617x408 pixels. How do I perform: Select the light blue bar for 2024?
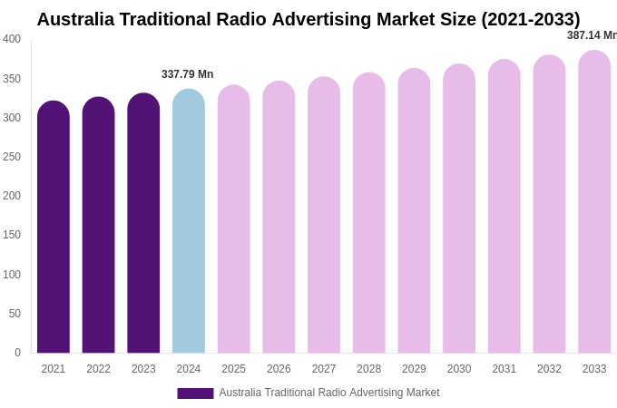click(189, 221)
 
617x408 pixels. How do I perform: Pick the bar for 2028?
click(368, 213)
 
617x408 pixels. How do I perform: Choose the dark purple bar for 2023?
click(143, 223)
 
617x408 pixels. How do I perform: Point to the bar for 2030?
click(459, 209)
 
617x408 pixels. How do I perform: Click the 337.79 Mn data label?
click(187, 74)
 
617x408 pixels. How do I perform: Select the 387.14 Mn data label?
click(592, 35)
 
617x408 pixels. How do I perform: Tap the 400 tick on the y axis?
click(12, 39)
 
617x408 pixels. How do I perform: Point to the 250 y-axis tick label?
click(12, 157)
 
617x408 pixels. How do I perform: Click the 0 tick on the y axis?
click(17, 353)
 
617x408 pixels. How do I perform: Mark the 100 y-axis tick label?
click(12, 275)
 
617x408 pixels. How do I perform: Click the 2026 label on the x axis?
click(279, 369)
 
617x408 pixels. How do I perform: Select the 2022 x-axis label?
click(98, 369)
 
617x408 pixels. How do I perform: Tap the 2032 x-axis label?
click(549, 369)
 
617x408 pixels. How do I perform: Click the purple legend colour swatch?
click(195, 393)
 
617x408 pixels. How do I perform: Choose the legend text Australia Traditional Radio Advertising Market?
click(329, 393)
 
